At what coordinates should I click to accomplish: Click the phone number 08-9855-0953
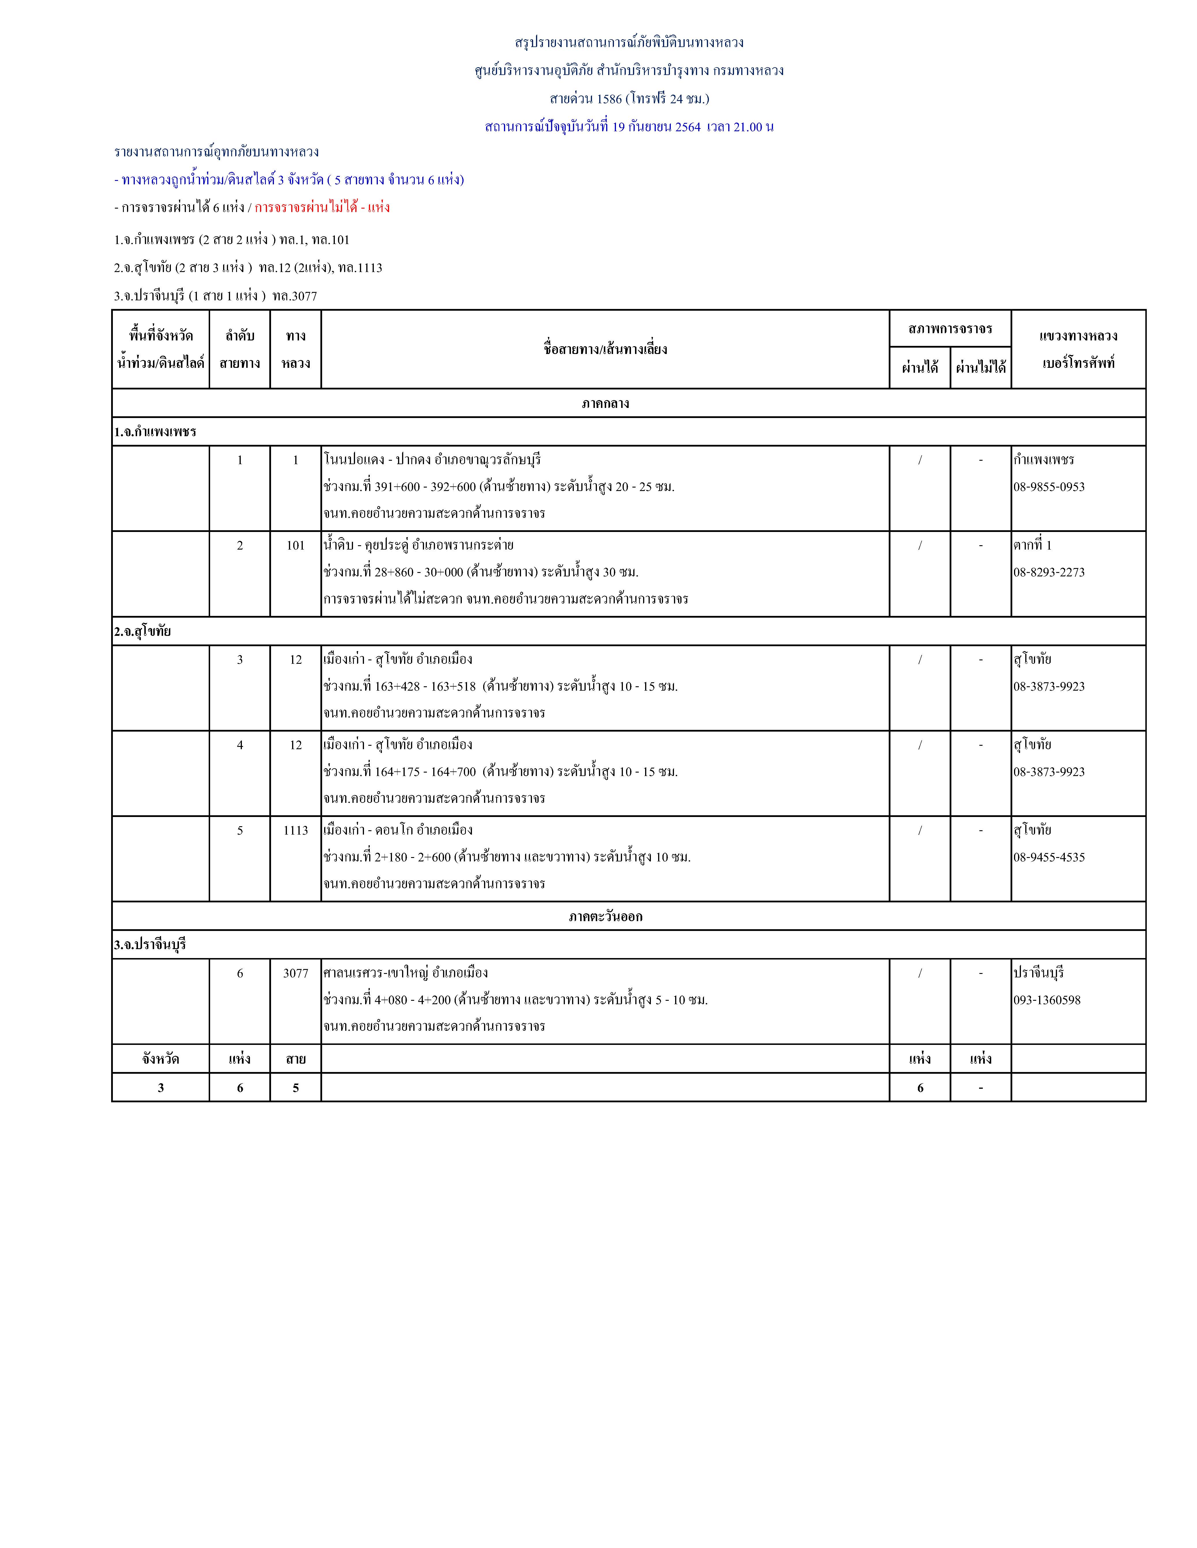(1049, 487)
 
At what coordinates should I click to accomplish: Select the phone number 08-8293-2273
(1049, 572)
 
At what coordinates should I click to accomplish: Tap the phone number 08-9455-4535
(1049, 857)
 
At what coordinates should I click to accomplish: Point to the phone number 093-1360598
(1047, 1000)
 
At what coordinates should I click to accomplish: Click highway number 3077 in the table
(296, 973)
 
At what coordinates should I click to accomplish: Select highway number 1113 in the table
(296, 830)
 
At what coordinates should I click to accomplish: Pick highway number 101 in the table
(296, 545)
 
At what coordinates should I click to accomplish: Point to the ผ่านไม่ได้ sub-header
(981, 367)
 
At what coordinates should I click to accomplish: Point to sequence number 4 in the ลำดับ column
(240, 745)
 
